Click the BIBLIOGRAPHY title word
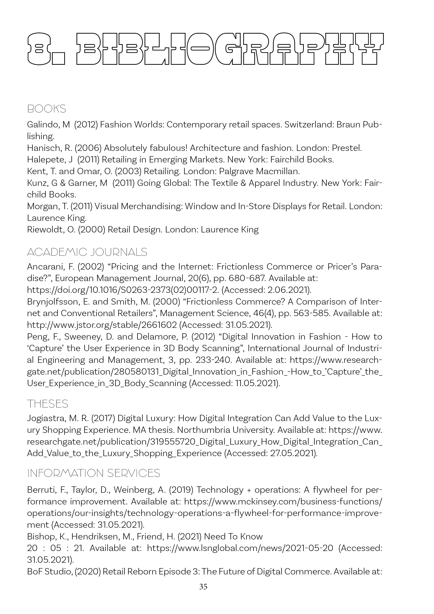coord(230,49)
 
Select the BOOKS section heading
coord(47,109)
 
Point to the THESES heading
coord(48,404)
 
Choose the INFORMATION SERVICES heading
coord(94,473)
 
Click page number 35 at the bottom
coord(203,587)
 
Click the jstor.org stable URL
coord(102,325)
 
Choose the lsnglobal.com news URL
coord(240,548)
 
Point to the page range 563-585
coord(311,313)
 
